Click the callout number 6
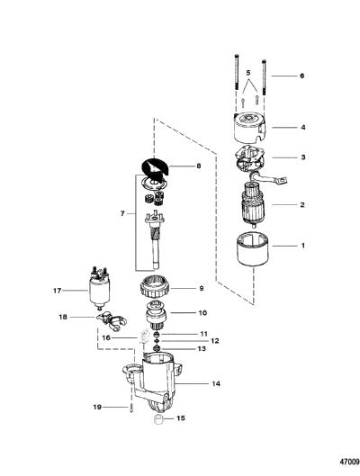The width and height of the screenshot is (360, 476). click(x=301, y=76)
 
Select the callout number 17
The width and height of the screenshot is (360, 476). click(x=57, y=291)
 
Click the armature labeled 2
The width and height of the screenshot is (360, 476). click(x=253, y=204)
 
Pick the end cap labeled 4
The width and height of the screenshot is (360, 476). click(x=249, y=129)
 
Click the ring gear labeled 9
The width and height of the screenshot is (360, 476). click(x=156, y=289)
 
